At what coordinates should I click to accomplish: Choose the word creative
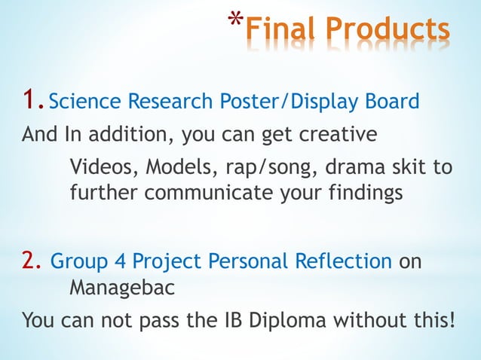(332, 136)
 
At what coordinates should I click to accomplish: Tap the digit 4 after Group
(121, 261)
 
